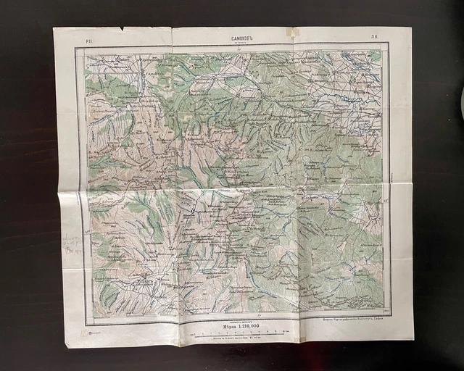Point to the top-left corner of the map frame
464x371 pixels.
pos(76,47)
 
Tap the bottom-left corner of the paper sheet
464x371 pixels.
pos(67,346)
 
